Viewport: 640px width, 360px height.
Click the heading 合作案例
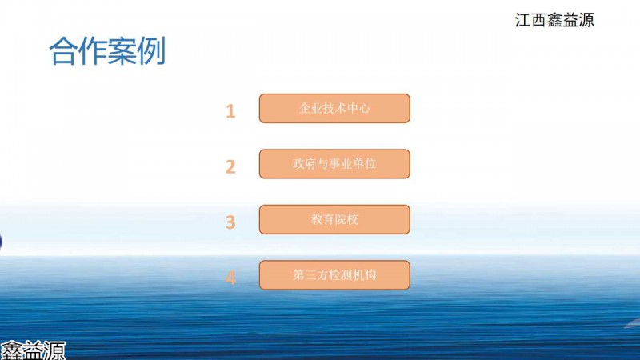coord(107,51)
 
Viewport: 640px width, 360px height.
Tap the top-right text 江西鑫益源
coord(554,19)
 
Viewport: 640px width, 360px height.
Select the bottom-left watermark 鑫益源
coord(33,351)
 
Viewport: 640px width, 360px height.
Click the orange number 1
coord(230,111)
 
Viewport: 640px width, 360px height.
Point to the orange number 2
coord(230,166)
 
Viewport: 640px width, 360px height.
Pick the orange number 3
coord(230,222)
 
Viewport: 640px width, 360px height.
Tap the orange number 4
coord(230,278)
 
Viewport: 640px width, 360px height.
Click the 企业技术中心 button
coord(334,108)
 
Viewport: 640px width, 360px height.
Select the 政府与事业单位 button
coord(334,164)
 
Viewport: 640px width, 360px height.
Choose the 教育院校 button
coord(334,219)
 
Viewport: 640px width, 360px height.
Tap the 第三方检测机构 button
coord(334,275)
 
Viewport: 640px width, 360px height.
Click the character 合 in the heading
coord(63,51)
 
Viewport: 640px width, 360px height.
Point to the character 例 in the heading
coord(151,51)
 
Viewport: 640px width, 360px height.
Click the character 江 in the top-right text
coord(523,19)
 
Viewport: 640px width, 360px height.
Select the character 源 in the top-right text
coord(586,19)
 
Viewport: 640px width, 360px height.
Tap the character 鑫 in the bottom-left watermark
coord(11,351)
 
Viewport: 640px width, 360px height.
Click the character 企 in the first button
coord(303,108)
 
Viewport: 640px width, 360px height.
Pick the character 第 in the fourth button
coord(298,275)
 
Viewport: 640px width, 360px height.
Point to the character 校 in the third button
coord(353,219)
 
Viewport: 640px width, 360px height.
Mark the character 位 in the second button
coord(370,164)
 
